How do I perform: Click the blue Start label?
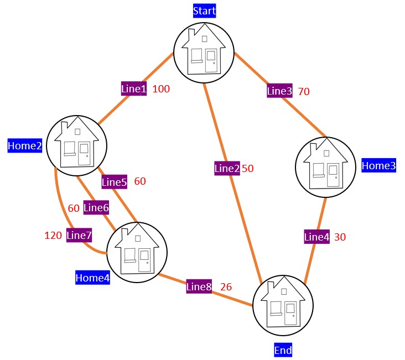click(204, 11)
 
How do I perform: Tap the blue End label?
click(283, 349)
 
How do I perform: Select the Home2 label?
click(25, 145)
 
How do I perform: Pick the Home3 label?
click(378, 165)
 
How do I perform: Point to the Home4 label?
click(92, 278)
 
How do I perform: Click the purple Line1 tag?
click(134, 88)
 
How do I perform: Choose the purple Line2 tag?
click(227, 168)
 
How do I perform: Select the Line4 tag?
click(317, 237)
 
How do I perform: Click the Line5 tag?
click(115, 181)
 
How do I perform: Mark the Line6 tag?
click(96, 208)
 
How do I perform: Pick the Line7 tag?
click(79, 235)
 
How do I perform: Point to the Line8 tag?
click(199, 286)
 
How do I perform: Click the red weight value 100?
click(161, 88)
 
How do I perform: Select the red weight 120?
click(53, 235)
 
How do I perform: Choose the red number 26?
click(226, 286)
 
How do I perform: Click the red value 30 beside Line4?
click(340, 237)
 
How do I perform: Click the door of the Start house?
click(210, 61)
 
